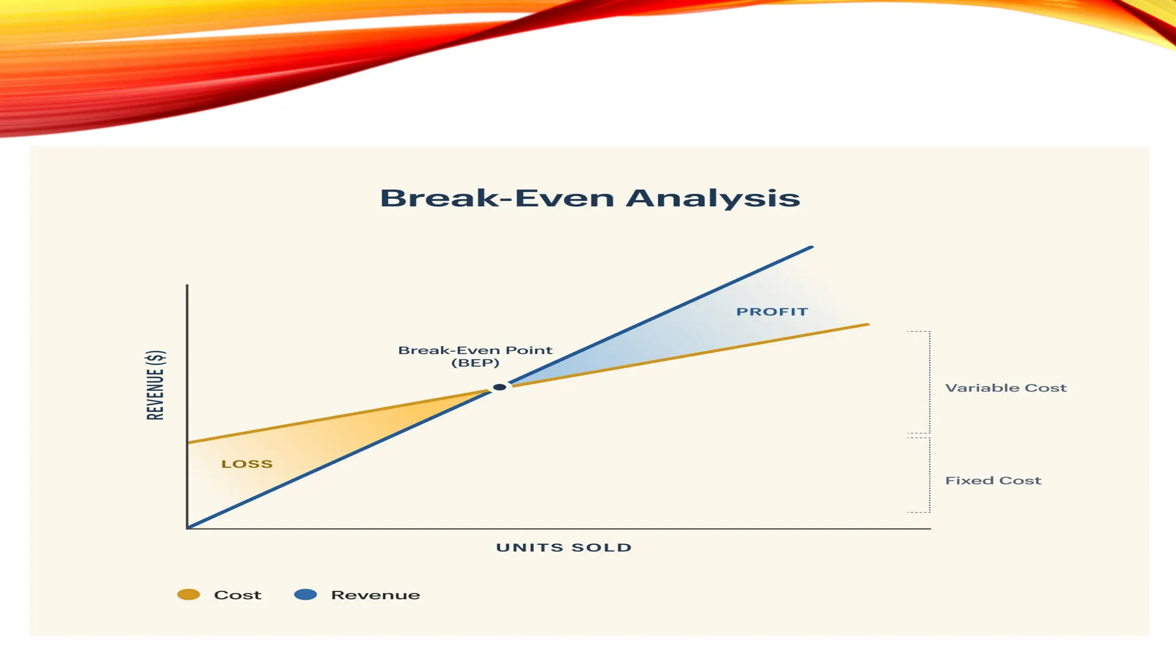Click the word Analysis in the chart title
(713, 198)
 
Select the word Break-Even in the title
(497, 198)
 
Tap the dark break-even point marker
(500, 387)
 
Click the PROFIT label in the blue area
(772, 312)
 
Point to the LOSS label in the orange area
(247, 464)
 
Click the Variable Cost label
(1005, 388)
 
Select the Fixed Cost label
(993, 480)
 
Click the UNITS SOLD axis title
(564, 548)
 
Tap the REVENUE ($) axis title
(156, 385)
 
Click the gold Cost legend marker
(188, 595)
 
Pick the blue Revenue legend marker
(305, 595)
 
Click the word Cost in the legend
(237, 595)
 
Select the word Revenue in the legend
(375, 595)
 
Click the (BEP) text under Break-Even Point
(475, 363)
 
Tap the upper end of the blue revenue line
(810, 248)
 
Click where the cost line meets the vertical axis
(188, 442)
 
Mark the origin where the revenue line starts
(188, 527)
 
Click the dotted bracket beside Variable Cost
(929, 382)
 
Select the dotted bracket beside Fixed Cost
(929, 475)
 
